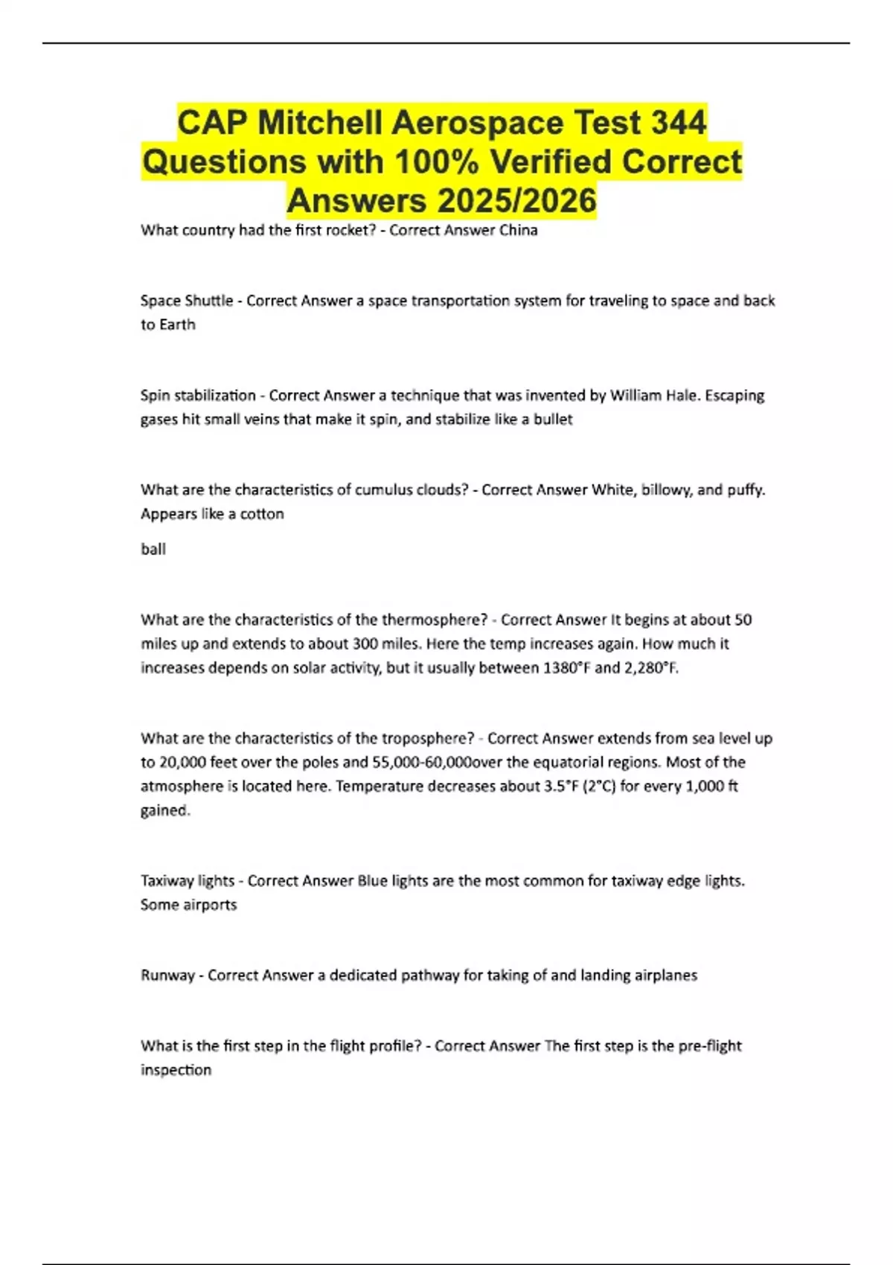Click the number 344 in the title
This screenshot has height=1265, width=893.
click(x=678, y=122)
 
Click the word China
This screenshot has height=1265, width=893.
click(x=519, y=230)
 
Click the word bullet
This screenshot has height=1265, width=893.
click(x=553, y=419)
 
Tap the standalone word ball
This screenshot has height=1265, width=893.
click(x=153, y=549)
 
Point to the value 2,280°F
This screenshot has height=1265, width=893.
click(x=651, y=667)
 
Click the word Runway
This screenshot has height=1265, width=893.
click(x=167, y=976)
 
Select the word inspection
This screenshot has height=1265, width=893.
click(x=176, y=1069)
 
